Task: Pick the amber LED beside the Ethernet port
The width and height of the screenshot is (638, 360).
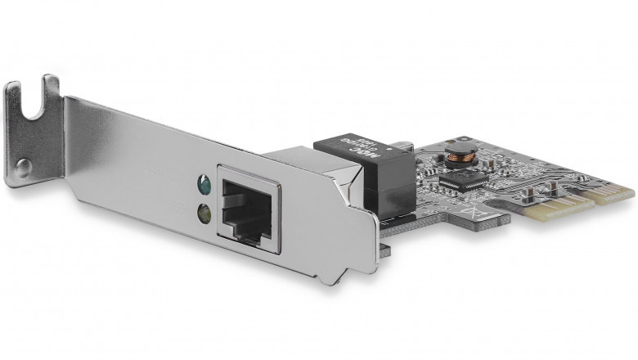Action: (x=202, y=214)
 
